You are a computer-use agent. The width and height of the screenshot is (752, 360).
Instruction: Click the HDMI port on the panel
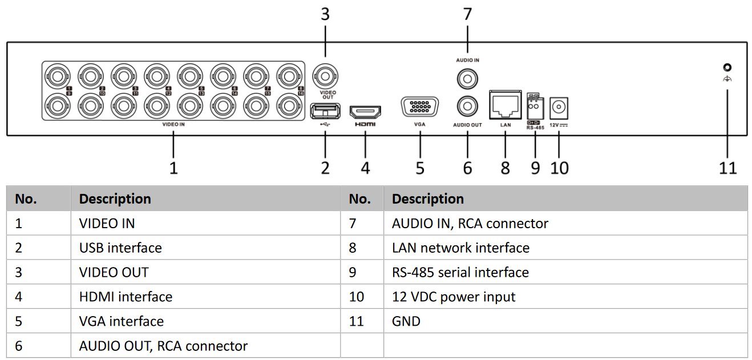pos(365,111)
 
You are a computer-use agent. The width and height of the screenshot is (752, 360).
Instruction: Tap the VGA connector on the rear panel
pos(420,108)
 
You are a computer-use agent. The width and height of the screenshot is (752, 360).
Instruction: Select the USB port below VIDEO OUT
pos(325,110)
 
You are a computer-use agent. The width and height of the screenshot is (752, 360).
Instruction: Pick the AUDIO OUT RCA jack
pos(467,105)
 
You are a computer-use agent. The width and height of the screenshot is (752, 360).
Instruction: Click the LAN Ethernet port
pos(505,105)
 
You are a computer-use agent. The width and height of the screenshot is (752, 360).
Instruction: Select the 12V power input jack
pos(559,107)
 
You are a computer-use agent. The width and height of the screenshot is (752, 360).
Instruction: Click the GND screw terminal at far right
pos(727,67)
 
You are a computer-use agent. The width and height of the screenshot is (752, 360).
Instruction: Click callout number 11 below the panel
pos(727,168)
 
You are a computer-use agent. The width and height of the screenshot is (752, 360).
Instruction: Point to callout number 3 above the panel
pos(325,14)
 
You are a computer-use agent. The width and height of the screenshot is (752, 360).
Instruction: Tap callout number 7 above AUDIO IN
pos(467,14)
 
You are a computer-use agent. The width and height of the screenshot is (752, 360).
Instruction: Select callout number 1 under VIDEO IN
pos(173,168)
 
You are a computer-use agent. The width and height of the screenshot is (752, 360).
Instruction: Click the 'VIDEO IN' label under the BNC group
pos(173,123)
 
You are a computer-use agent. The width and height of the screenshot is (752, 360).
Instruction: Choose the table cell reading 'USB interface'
pos(120,248)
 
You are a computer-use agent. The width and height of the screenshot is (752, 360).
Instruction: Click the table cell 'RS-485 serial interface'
pos(460,272)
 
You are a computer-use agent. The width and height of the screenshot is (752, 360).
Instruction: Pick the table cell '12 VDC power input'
pos(454,297)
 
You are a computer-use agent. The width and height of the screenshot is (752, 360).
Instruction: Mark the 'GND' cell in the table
pos(406,321)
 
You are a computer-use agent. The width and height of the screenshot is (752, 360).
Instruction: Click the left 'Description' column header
pos(115,199)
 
